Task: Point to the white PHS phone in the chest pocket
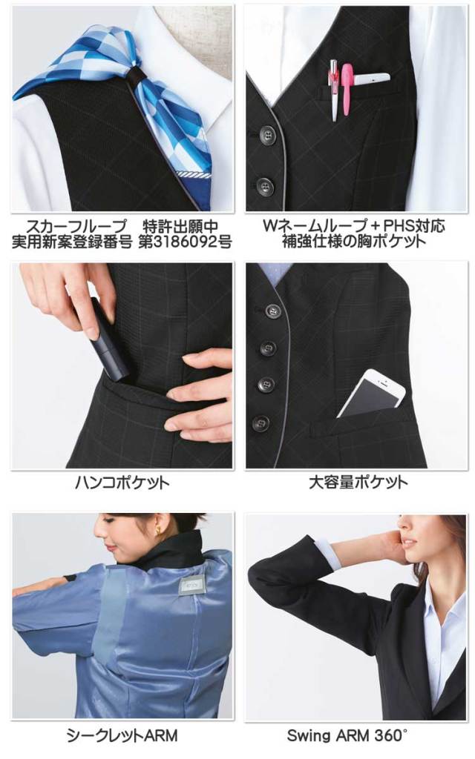coord(371,77)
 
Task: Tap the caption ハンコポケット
coord(122,483)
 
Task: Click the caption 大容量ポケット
coord(358,483)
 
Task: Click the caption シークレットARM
coord(122,735)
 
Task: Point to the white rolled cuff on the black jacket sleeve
coord(325,552)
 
